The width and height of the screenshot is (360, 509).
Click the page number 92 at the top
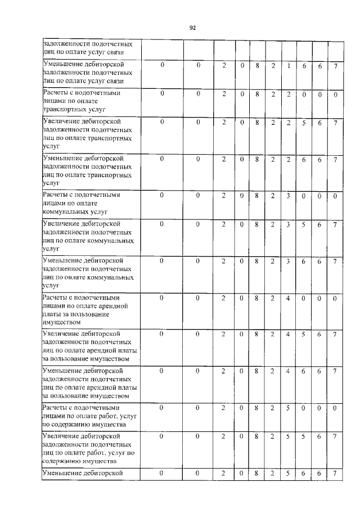tap(192, 27)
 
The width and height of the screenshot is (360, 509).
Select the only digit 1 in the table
tap(287, 66)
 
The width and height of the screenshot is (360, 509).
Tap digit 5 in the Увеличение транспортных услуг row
tap(303, 122)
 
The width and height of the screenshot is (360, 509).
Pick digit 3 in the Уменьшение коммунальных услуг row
tap(287, 262)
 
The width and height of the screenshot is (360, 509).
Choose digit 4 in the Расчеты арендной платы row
tap(287, 298)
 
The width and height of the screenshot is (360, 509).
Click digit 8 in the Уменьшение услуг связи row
tap(256, 66)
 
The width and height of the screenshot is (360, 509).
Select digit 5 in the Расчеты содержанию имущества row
tap(287, 407)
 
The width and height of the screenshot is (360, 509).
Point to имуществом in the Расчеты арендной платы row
tap(62, 323)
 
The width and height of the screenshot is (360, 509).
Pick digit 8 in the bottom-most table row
tap(256, 473)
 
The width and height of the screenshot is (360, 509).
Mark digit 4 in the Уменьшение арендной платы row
tap(287, 371)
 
